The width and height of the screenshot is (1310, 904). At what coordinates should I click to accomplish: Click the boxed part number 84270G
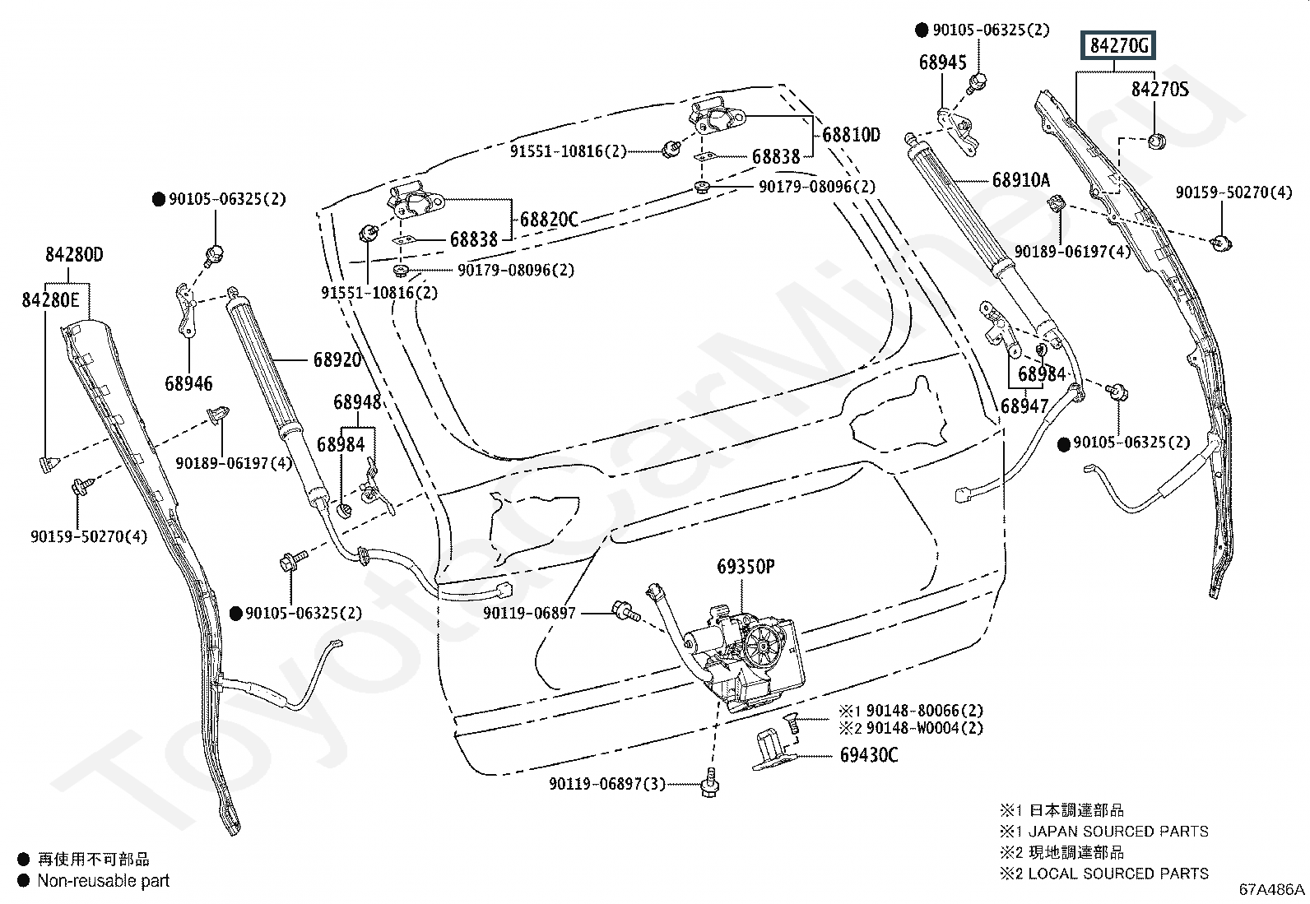pos(1118,45)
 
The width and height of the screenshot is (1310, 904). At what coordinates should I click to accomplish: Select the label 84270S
pos(1159,89)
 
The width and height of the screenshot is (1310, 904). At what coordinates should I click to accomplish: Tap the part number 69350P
pos(746,566)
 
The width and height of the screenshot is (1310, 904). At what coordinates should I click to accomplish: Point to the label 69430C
pos(868,755)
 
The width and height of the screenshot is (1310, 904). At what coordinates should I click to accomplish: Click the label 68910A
pos(1021,179)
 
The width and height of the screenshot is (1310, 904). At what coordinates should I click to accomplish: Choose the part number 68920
pos(337,359)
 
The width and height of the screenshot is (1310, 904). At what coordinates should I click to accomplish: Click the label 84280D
pos(74,254)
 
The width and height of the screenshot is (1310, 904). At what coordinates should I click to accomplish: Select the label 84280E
pos(50,300)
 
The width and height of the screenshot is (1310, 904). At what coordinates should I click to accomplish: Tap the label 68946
pos(188,383)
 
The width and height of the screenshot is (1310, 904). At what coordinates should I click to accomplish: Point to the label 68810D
pos(851,135)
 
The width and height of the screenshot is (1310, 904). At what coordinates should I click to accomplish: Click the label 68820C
pos(549,220)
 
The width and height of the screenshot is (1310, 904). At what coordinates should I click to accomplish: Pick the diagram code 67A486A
pos(1271,889)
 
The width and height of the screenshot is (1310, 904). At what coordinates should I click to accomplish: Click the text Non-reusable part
pos(104,881)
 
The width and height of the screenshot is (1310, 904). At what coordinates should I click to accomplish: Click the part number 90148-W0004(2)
pos(925,728)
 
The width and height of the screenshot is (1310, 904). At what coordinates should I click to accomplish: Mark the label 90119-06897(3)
pos(607,784)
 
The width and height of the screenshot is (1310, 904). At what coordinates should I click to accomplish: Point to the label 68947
pos(1024,406)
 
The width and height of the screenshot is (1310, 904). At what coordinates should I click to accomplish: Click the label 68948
pos(357,402)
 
